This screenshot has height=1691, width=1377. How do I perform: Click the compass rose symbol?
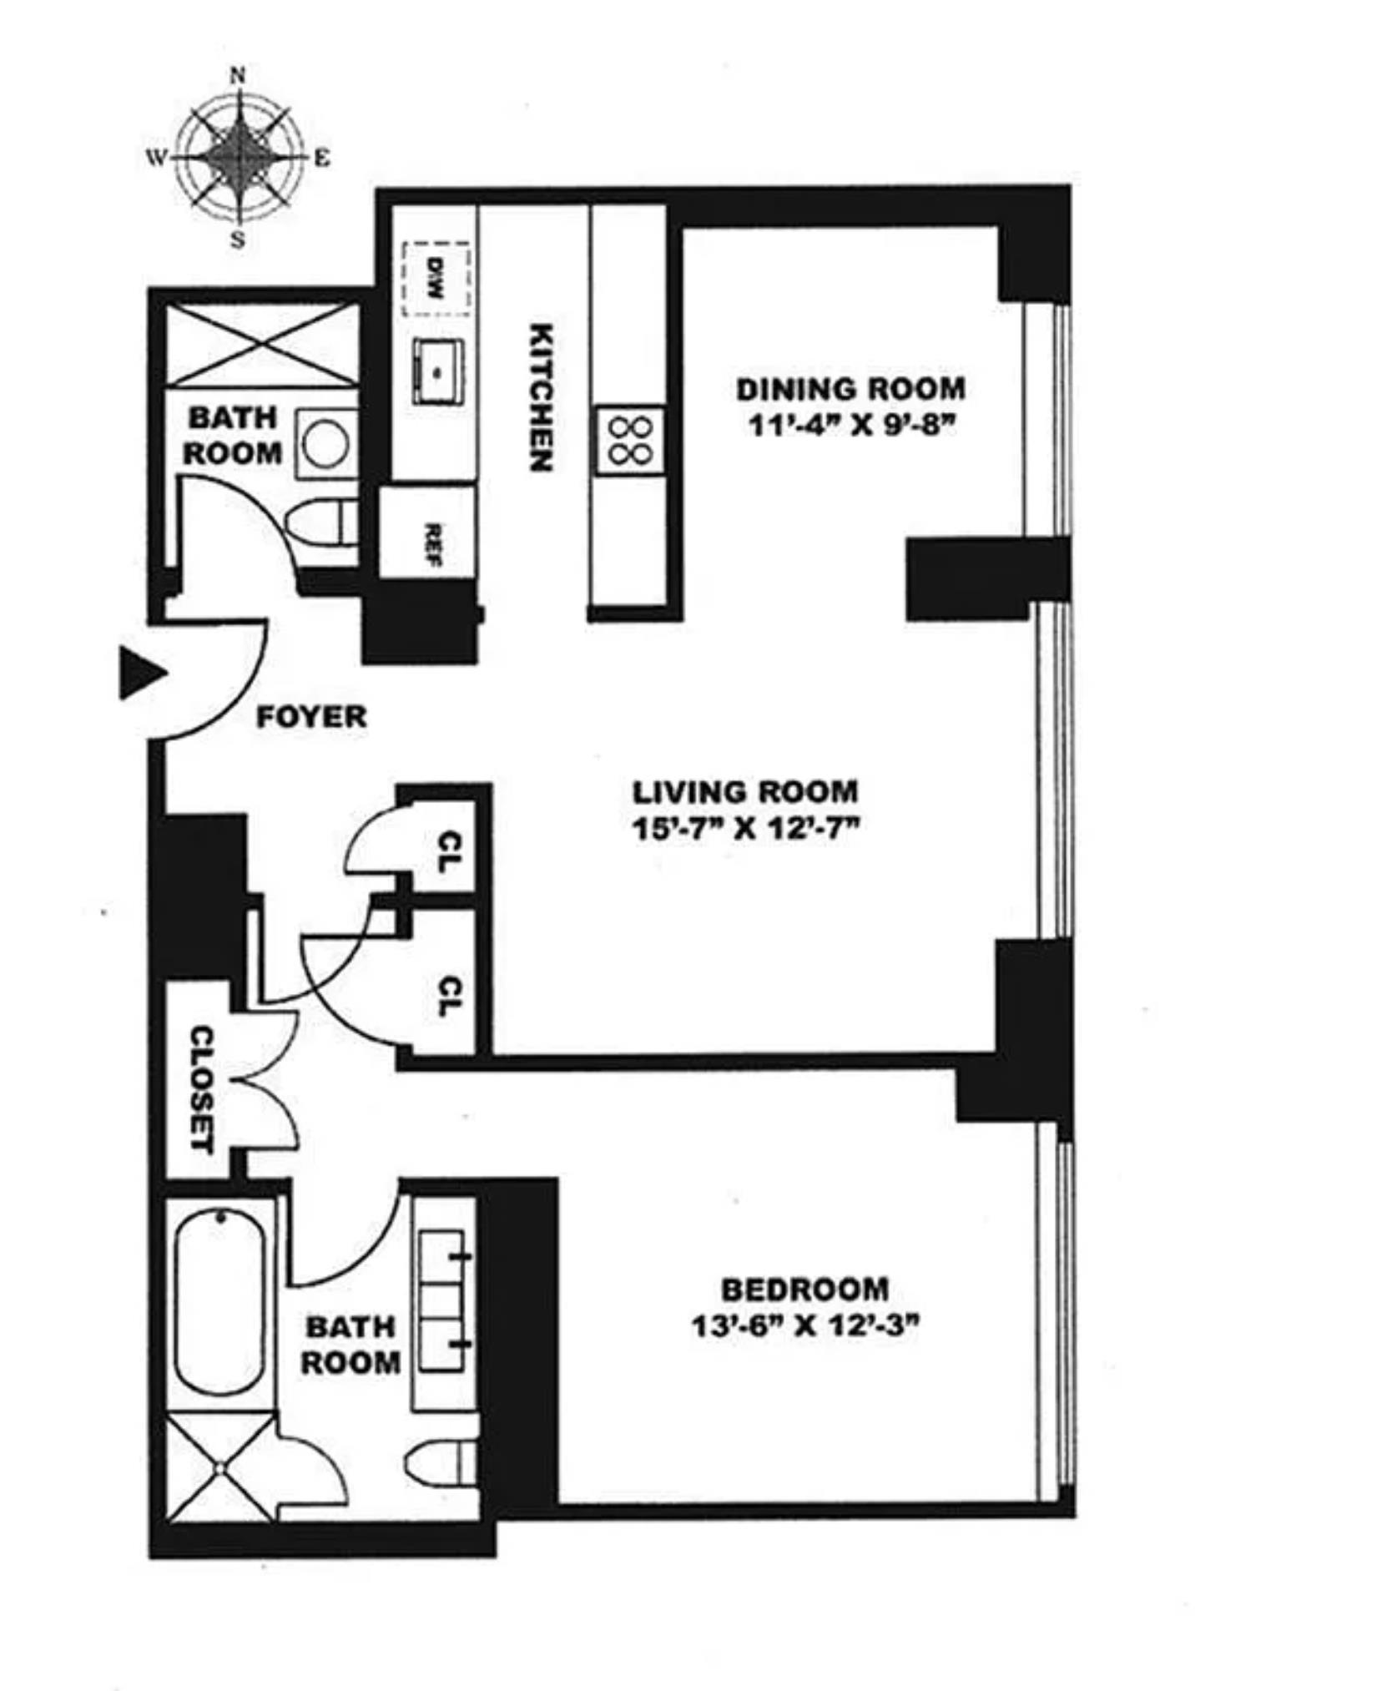click(x=239, y=157)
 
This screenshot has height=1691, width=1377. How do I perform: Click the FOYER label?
click(x=311, y=717)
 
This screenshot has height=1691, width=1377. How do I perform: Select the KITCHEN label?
click(x=542, y=397)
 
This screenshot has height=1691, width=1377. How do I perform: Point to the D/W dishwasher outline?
click(x=436, y=279)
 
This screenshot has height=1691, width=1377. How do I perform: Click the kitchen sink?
click(x=437, y=371)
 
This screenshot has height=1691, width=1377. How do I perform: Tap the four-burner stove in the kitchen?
click(x=630, y=440)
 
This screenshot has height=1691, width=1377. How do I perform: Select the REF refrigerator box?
click(x=428, y=533)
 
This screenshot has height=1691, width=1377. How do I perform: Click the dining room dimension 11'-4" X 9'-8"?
click(x=850, y=427)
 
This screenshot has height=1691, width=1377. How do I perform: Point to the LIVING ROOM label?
click(x=745, y=791)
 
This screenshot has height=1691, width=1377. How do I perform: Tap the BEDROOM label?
click(x=805, y=1290)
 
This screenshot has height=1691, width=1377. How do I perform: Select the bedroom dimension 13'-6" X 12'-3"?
click(x=805, y=1326)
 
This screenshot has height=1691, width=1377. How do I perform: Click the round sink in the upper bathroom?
click(x=325, y=443)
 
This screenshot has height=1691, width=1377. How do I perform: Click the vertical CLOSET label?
click(x=203, y=1089)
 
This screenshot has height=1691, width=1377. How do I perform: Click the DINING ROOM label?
click(x=850, y=389)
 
